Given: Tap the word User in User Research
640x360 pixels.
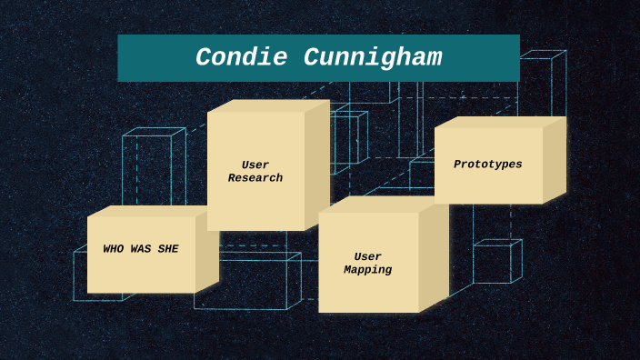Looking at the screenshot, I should pyautogui.click(x=255, y=165).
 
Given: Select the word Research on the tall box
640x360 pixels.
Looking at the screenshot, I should pyautogui.click(x=255, y=178).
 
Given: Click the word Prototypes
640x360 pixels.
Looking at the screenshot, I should pyautogui.click(x=488, y=165).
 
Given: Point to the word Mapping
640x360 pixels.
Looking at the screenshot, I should pyautogui.click(x=368, y=270).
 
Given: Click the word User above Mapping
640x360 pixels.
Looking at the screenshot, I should pyautogui.click(x=368, y=256).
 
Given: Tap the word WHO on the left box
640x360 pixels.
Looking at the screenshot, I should pyautogui.click(x=115, y=249).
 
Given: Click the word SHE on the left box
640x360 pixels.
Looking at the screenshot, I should pyautogui.click(x=168, y=249).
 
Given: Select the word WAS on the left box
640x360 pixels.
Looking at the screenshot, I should pyautogui.click(x=142, y=249).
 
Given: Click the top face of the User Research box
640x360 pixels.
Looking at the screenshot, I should pyautogui.click(x=267, y=105).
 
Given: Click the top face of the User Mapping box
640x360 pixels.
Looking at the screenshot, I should pyautogui.click(x=382, y=205).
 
